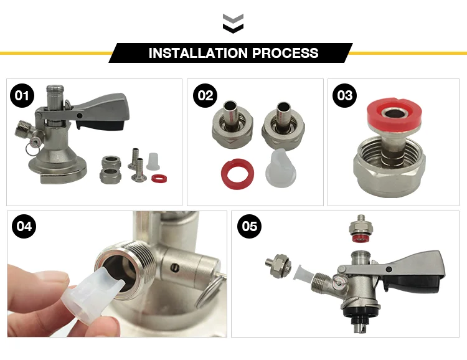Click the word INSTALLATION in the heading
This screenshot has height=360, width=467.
(x=197, y=53)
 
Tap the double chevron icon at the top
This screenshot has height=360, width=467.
(x=233, y=24)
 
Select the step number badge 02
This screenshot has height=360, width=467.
(x=204, y=96)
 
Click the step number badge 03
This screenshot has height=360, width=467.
(x=344, y=96)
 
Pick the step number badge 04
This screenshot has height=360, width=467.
(x=24, y=227)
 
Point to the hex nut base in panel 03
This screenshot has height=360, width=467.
(x=390, y=171)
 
